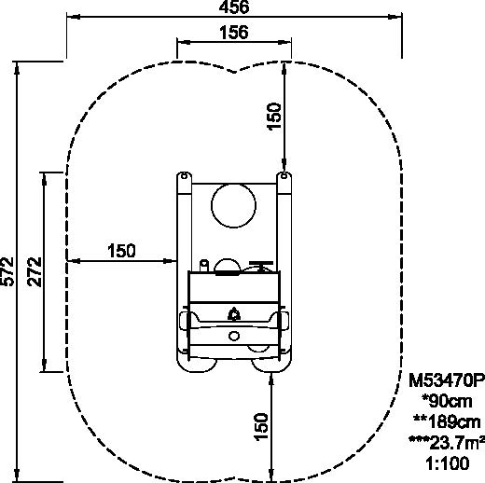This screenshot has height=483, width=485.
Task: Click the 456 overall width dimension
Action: pos(234,7)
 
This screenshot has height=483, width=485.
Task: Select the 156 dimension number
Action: pos(234,33)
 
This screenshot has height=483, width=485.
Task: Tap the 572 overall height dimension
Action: pos(7,271)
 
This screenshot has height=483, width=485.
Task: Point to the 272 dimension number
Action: pos(35,271)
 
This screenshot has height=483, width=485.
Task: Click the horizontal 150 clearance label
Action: pos(121,251)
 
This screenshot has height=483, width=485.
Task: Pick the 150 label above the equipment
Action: pos(274,116)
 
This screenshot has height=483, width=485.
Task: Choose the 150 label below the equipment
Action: pos(261,427)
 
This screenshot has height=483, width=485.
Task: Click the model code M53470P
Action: pos(447,380)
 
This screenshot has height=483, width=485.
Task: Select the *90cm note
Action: pos(447,401)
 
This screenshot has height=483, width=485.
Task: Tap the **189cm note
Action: pos(447,422)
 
